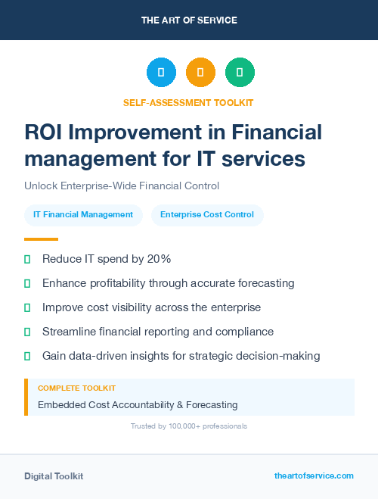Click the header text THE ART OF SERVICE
click(189, 20)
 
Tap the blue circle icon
click(161, 73)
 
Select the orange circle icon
click(200, 73)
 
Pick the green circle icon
click(240, 73)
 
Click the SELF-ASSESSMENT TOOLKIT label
click(189, 102)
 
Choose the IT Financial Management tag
click(83, 215)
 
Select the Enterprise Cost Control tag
click(207, 215)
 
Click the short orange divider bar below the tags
click(41, 239)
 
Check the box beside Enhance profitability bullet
click(27, 283)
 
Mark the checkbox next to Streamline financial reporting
click(27, 332)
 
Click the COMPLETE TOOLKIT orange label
click(77, 388)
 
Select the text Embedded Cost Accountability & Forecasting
click(138, 405)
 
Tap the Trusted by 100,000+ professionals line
click(189, 426)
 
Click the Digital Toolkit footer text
click(54, 476)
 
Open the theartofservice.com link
click(314, 476)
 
